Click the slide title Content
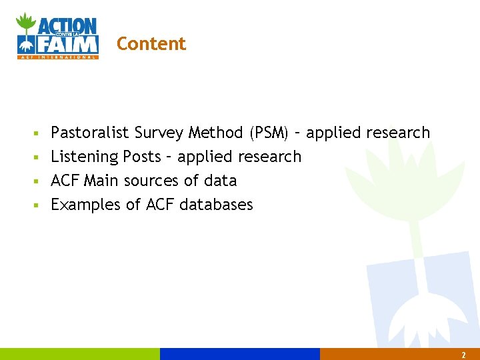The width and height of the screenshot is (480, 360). pos(151,44)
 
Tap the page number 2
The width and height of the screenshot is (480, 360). pos(463,355)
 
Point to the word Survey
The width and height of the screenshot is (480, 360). pos(159,133)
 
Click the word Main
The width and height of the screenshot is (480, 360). pos(99,181)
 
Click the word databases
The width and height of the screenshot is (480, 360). pos(217,205)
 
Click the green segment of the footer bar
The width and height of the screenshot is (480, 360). pos(80,354)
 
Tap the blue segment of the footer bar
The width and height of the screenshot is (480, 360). pos(240,354)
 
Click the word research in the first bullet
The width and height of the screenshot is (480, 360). pos(398,133)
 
